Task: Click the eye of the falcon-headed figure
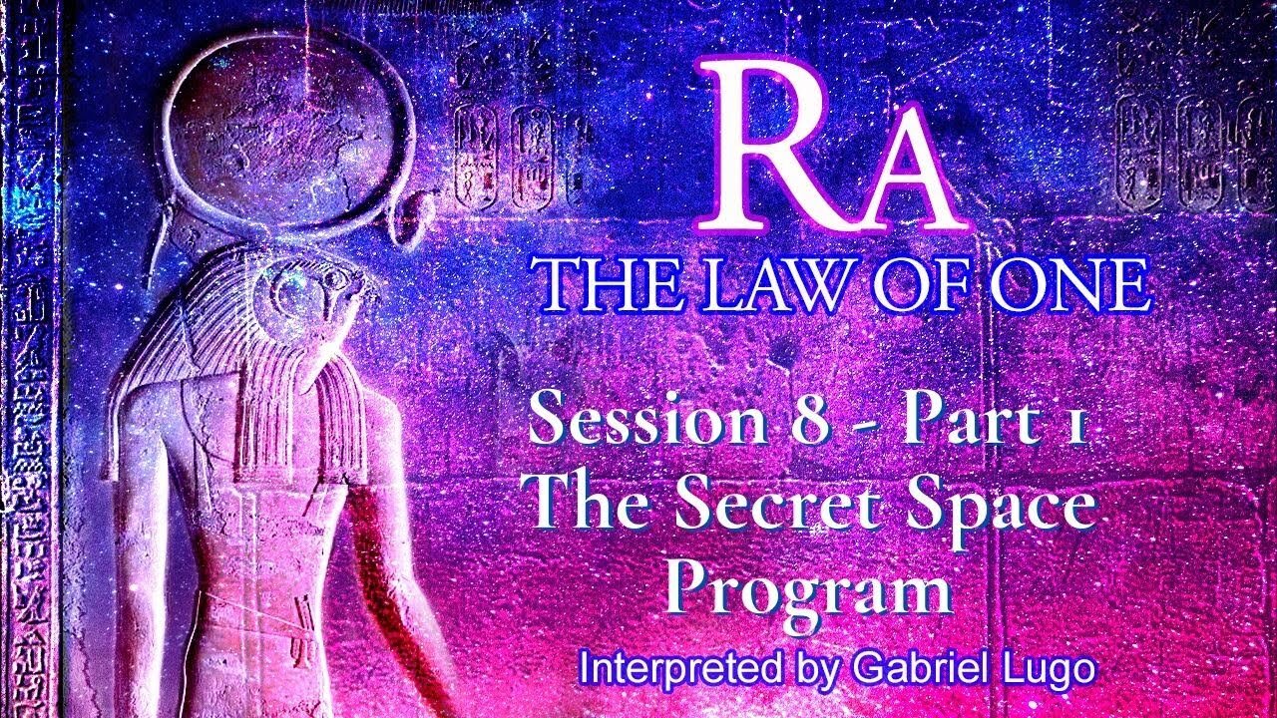coord(297,290)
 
